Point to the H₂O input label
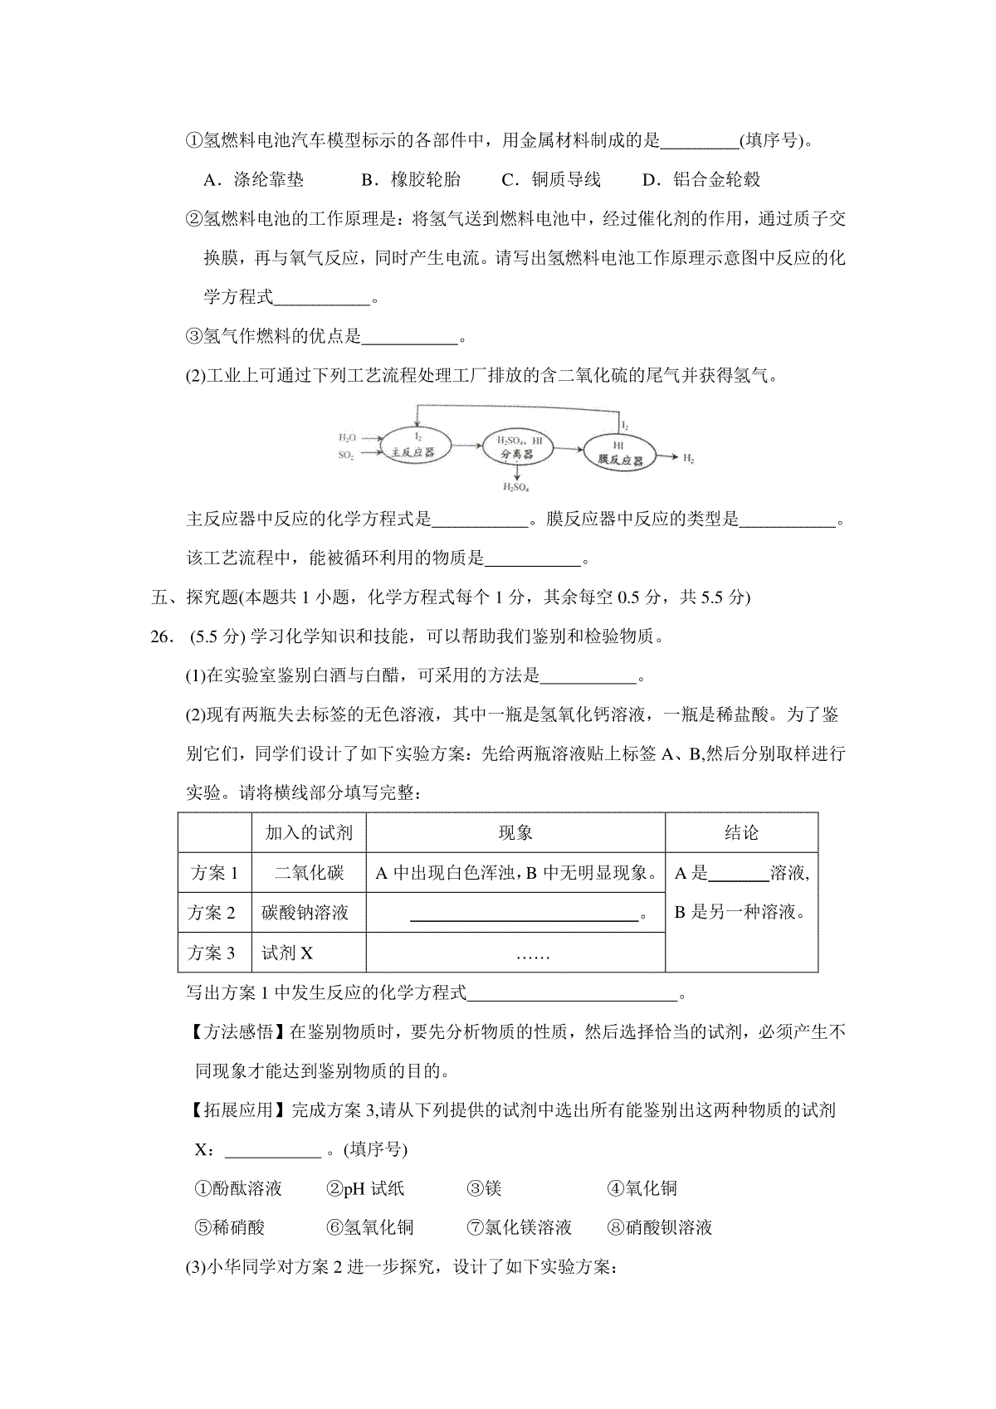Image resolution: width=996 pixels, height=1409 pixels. (347, 436)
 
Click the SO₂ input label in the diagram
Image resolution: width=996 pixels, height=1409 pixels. (347, 455)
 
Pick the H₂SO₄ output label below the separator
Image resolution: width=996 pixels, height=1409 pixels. (516, 487)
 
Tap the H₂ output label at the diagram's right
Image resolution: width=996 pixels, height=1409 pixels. (688, 458)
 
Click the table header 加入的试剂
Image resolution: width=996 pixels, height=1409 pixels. (309, 832)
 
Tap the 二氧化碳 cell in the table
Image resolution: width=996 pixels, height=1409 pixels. (309, 872)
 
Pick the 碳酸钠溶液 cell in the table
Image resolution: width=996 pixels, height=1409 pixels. (305, 912)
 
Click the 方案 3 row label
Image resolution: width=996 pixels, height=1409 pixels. (213, 952)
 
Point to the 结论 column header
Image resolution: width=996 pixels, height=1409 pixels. (741, 832)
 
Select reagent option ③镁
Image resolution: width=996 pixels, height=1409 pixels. (485, 1188)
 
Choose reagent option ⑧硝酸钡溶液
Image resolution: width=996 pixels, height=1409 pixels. (660, 1227)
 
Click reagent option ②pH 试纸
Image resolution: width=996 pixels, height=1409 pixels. (365, 1188)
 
